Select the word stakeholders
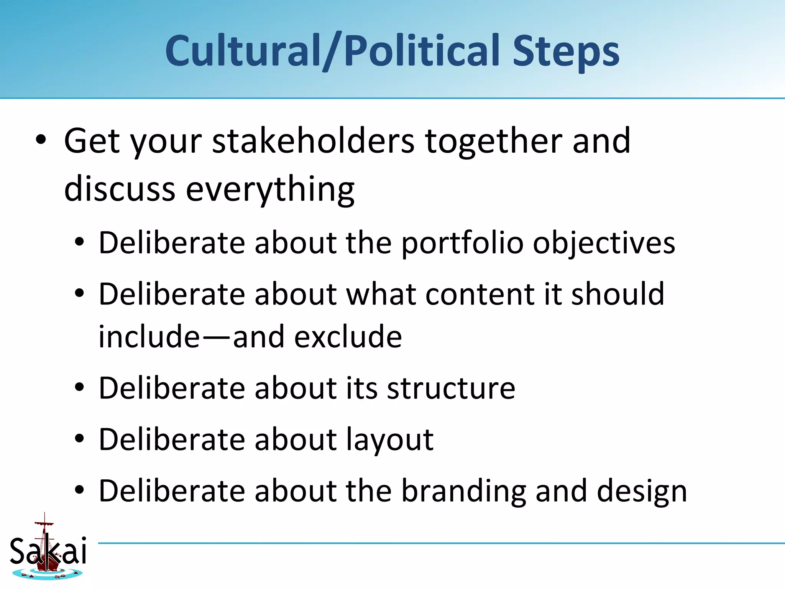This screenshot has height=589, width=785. pyautogui.click(x=313, y=141)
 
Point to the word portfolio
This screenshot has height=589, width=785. pyautogui.click(x=462, y=243)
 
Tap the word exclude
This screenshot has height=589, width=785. pyautogui.click(x=348, y=337)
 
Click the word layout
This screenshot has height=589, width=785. pyautogui.click(x=390, y=439)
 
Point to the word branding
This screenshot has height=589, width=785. pyautogui.click(x=463, y=491)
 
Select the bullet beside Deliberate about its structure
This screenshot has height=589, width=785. pyautogui.click(x=79, y=388)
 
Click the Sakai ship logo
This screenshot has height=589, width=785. pyautogui.click(x=48, y=548)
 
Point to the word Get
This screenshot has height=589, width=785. pyautogui.click(x=92, y=141)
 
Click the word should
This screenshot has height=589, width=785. pyautogui.click(x=617, y=294)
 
